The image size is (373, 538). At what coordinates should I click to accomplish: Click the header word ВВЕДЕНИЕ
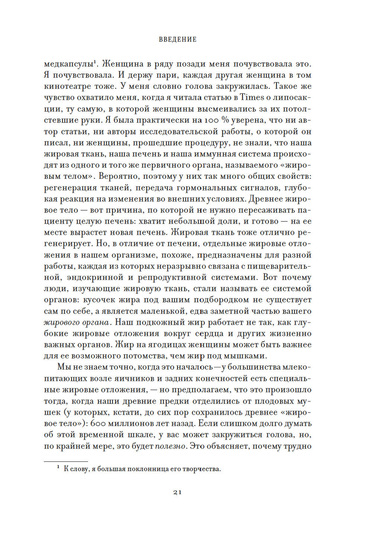(x=178, y=40)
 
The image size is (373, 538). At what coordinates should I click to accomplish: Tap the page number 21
(x=178, y=492)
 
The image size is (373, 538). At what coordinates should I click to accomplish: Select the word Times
(x=252, y=97)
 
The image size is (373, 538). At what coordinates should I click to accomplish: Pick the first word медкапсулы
(x=69, y=64)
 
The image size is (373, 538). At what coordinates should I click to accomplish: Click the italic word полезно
(x=170, y=446)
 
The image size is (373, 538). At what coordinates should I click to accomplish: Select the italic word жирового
(x=60, y=323)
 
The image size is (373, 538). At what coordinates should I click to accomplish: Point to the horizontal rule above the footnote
(x=66, y=462)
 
